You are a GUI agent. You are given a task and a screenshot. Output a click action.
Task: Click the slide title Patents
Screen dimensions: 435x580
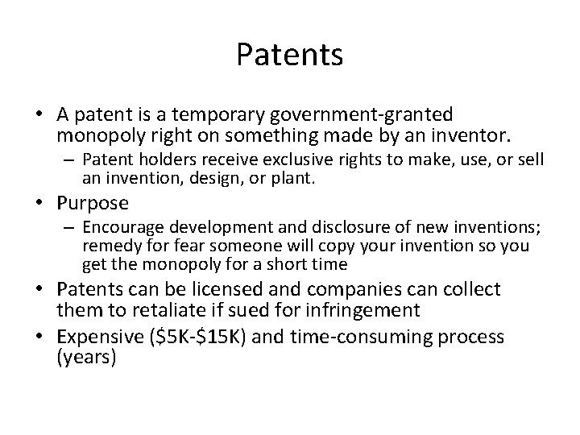pyautogui.click(x=290, y=56)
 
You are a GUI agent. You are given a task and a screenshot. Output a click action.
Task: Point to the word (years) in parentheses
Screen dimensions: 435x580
pyautogui.click(x=86, y=356)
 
